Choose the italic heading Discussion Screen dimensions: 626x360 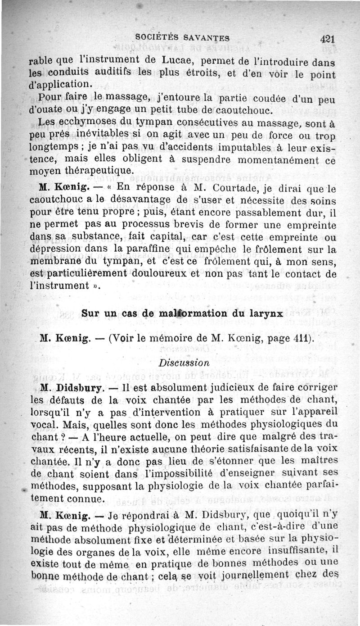[184, 362]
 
